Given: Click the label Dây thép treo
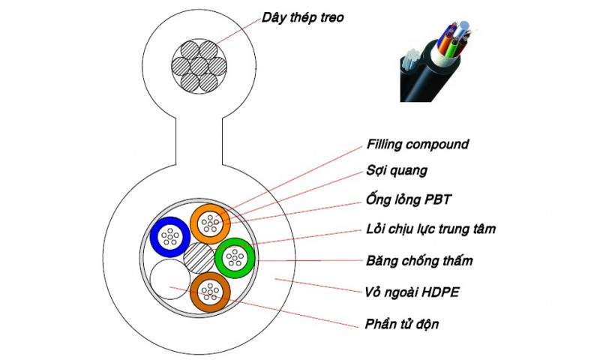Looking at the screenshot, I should [x=301, y=16].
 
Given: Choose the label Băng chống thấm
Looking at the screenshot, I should [x=418, y=260].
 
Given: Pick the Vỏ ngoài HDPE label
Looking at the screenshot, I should [x=411, y=291].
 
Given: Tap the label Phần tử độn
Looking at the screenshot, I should [x=401, y=324].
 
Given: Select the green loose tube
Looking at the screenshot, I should [x=236, y=258].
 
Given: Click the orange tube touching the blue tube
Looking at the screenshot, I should [x=211, y=223].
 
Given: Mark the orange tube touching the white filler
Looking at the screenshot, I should [x=212, y=295].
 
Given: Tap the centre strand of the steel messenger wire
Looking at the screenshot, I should [x=199, y=63].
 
